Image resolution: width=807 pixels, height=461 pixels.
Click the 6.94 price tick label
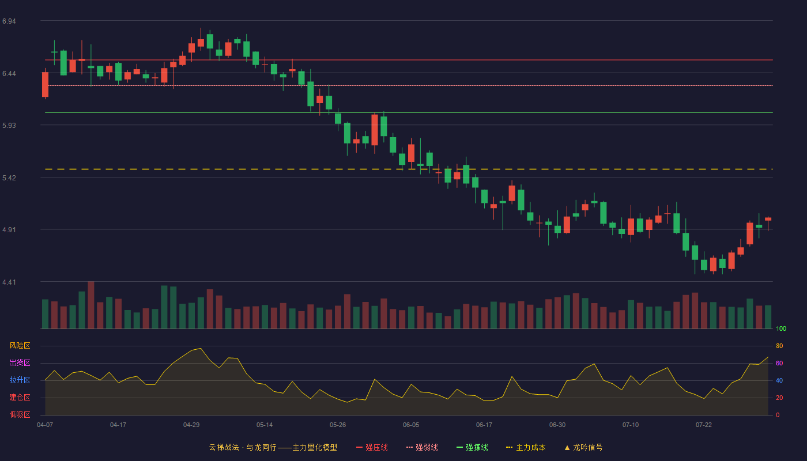[9, 21]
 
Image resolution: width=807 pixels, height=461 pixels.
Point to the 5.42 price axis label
[9, 178]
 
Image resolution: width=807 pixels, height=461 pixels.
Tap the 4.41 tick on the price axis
[9, 282]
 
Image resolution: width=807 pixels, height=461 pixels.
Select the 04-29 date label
[191, 425]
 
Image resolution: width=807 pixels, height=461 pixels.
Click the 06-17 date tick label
[484, 425]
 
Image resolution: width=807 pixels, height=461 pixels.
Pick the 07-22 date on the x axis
[704, 425]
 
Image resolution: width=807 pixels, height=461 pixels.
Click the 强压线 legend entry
[372, 447]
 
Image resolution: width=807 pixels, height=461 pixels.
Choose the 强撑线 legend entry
[472, 447]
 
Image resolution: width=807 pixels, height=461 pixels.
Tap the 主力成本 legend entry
[526, 447]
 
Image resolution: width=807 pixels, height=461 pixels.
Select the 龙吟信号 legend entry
[583, 447]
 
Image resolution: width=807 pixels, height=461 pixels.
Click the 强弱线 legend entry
[422, 447]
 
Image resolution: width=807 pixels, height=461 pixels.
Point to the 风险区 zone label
[20, 346]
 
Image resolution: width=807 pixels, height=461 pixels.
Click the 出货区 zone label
[20, 362]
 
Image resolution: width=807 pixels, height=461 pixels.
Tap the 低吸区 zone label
[20, 414]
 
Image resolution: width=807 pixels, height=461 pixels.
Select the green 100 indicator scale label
[781, 328]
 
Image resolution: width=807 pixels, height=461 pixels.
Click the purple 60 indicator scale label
[779, 363]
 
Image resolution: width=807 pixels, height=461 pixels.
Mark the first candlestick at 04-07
[45, 84]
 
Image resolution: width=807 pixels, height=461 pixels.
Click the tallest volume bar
[91, 305]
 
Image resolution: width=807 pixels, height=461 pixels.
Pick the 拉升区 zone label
[20, 380]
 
